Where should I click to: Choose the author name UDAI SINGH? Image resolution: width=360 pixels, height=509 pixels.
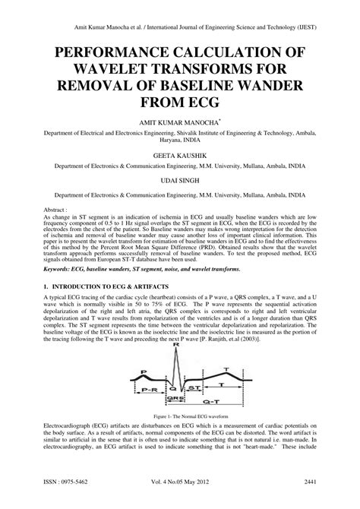tap(180, 182)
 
